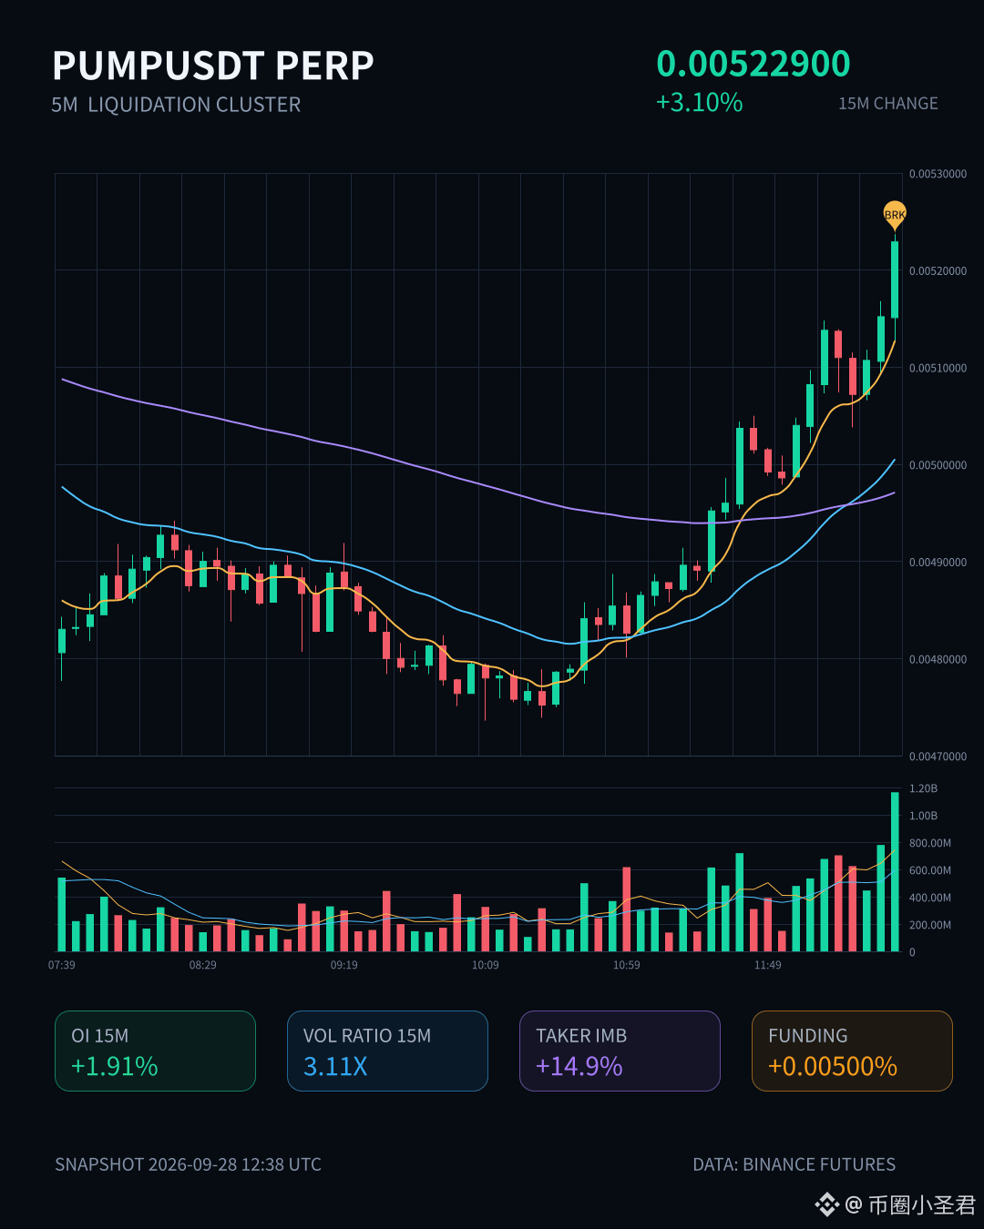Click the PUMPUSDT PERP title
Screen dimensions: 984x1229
point(212,66)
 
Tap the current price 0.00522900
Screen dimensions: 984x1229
point(753,64)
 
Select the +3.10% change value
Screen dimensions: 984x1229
point(699,103)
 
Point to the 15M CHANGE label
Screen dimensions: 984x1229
point(888,104)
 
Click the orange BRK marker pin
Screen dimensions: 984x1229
point(894,215)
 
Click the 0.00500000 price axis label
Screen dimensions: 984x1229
point(938,465)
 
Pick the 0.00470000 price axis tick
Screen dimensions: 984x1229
point(938,757)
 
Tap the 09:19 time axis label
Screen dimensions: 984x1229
point(343,965)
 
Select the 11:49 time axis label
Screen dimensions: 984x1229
point(767,965)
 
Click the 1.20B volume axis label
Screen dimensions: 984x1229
point(923,788)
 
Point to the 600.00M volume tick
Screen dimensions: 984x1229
point(930,870)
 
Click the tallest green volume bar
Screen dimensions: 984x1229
point(895,871)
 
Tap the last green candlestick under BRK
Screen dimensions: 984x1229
point(895,279)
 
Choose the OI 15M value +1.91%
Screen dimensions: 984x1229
point(115,1066)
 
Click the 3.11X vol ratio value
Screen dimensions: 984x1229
point(335,1066)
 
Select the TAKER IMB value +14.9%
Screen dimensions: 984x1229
point(579,1066)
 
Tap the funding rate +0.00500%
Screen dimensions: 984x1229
point(833,1066)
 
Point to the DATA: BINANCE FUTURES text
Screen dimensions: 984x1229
point(794,1163)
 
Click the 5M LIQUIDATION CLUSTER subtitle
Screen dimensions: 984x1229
point(176,105)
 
